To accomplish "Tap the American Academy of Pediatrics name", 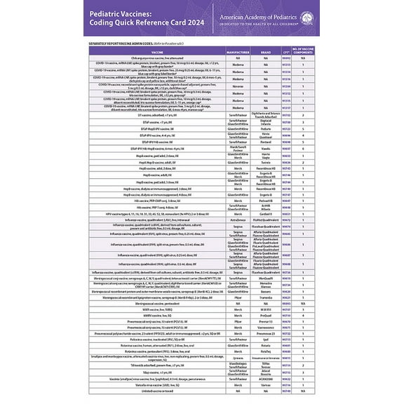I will (x=276, y=15).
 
